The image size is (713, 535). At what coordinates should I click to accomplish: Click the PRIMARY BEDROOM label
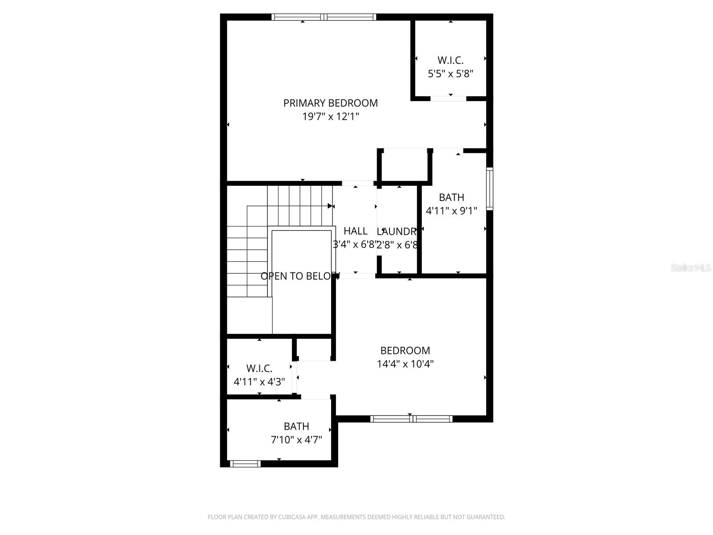(330, 103)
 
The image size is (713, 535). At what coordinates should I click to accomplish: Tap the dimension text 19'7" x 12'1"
(330, 117)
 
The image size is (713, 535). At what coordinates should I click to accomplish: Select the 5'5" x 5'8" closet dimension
(450, 74)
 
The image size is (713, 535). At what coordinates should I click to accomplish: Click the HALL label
(355, 231)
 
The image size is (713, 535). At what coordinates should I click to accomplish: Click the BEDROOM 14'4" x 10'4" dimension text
(405, 364)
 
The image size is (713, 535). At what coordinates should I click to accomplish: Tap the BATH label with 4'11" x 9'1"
(451, 197)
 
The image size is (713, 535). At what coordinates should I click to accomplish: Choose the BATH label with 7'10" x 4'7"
(296, 426)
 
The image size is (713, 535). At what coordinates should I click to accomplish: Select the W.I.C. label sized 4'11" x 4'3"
(259, 369)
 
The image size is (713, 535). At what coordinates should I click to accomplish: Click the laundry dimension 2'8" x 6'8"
(397, 245)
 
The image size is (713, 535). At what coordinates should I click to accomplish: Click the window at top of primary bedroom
(324, 17)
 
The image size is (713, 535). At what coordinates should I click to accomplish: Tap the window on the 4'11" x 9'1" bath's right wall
(490, 189)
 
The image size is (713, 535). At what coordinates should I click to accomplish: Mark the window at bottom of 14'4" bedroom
(411, 419)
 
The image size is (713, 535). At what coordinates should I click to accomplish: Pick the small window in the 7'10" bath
(245, 464)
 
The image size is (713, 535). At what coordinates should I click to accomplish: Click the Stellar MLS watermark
(691, 268)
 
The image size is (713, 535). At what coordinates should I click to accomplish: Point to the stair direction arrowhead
(330, 206)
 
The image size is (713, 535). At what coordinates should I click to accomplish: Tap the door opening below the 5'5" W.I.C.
(448, 98)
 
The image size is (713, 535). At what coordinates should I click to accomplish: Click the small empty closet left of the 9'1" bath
(405, 166)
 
